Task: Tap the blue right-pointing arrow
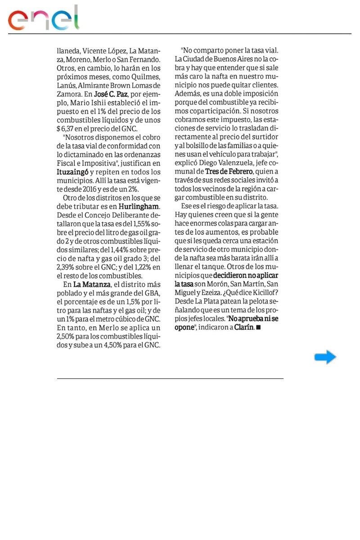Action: [325, 357]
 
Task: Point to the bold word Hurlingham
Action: [139, 207]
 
